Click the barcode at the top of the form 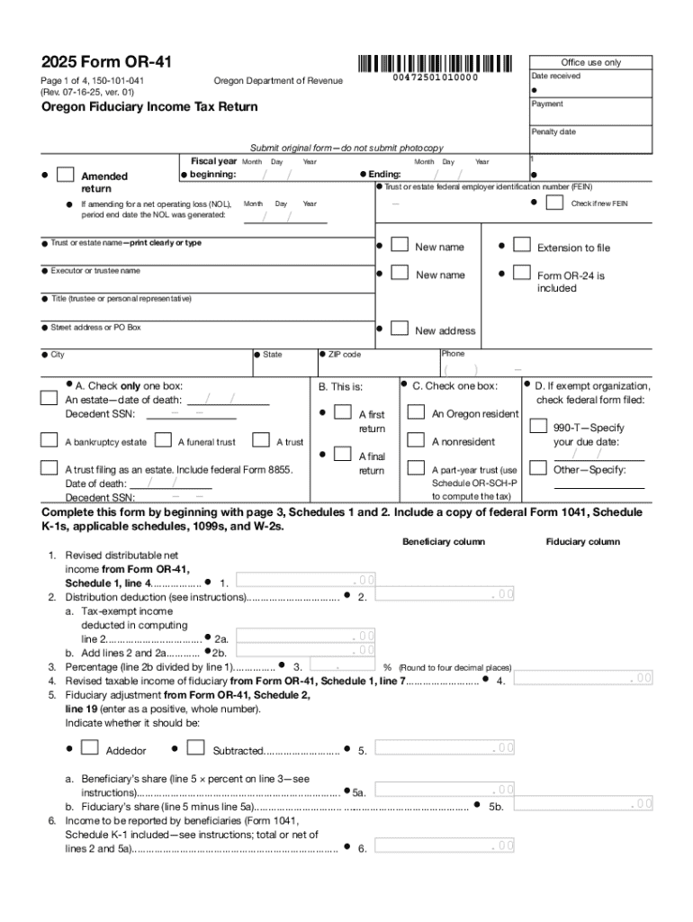(x=435, y=64)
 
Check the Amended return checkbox (x=65, y=175)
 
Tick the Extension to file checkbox (x=521, y=245)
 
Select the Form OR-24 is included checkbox (x=521, y=273)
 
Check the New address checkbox (x=400, y=329)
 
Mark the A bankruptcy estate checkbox (x=50, y=440)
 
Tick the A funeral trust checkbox (x=164, y=440)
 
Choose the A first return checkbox (x=342, y=412)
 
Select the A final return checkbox (x=342, y=455)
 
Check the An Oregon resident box (x=416, y=412)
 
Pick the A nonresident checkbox (x=416, y=440)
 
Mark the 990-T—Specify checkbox (x=538, y=426)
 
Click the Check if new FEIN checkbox (x=555, y=203)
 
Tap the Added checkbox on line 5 (x=89, y=747)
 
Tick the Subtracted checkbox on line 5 (x=195, y=747)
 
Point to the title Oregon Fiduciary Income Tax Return (x=149, y=107)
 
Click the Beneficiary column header (x=443, y=542)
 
